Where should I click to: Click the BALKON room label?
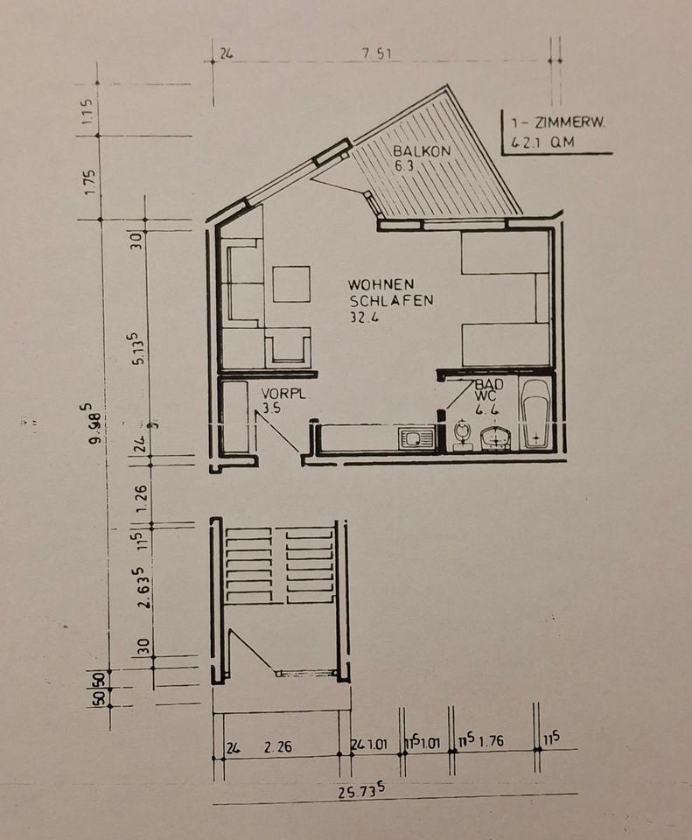tap(422, 150)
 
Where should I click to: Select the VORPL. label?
tap(282, 395)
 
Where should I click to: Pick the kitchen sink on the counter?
tap(416, 437)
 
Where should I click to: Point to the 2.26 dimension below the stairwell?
tap(277, 747)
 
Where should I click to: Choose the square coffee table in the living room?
tap(291, 283)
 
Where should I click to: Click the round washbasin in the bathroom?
tap(495, 437)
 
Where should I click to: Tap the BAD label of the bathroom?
tap(484, 384)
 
